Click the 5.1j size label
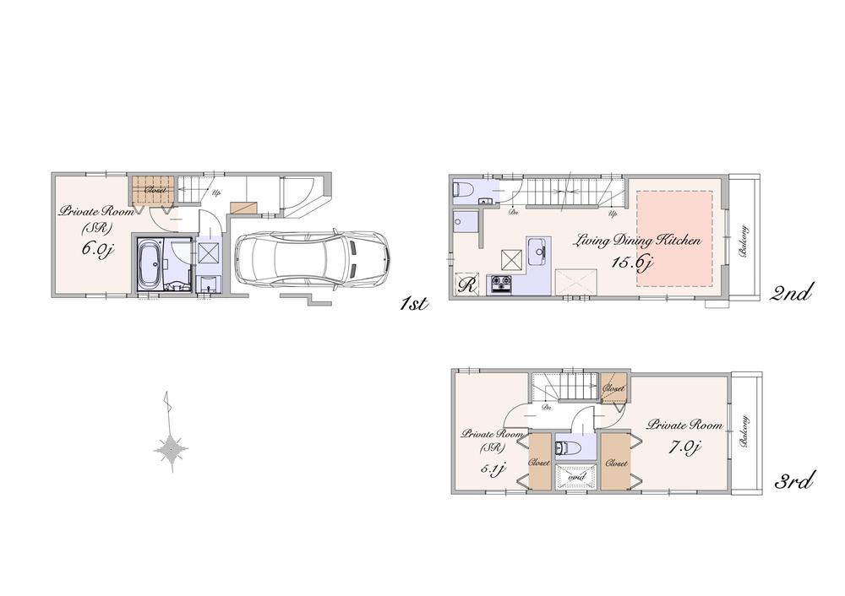pyautogui.click(x=495, y=469)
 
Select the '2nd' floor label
pyautogui.click(x=792, y=293)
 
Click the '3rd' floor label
pyautogui.click(x=793, y=482)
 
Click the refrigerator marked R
pyautogui.click(x=466, y=284)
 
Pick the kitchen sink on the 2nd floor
pyautogui.click(x=537, y=250)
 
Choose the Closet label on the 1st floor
pyautogui.click(x=155, y=190)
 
